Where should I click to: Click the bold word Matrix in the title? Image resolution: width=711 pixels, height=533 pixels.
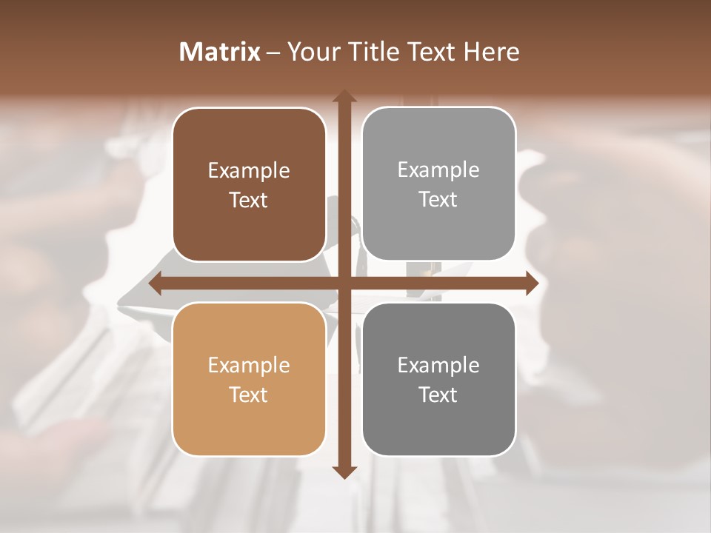tap(220, 52)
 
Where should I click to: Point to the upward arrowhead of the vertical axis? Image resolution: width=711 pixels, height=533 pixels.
tap(344, 97)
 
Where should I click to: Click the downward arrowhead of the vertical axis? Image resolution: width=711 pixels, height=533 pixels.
tap(344, 472)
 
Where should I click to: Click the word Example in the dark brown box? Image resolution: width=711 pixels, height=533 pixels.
tap(249, 171)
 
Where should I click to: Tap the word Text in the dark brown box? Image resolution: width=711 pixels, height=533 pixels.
tap(249, 200)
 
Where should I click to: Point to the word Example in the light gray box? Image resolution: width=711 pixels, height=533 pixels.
tap(438, 170)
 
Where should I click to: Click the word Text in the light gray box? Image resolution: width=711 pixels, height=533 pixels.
tap(438, 199)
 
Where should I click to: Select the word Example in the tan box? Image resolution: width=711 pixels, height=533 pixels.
tap(249, 366)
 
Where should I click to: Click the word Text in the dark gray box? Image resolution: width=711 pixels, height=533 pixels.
tap(438, 395)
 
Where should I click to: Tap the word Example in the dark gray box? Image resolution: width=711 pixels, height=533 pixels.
tap(438, 366)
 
